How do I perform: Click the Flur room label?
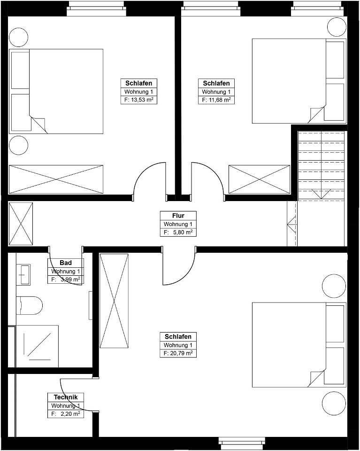click(178, 216)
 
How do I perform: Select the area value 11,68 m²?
click(220, 100)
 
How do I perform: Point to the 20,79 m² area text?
click(181, 353)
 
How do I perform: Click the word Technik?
click(66, 397)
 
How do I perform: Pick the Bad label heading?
click(66, 263)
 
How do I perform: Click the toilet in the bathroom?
click(29, 305)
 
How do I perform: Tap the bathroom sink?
click(23, 275)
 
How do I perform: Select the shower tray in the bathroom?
click(38, 346)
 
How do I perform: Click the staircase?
click(321, 165)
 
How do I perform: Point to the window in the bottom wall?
click(242, 441)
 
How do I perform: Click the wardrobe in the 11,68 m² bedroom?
click(259, 179)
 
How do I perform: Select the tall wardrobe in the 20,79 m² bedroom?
click(114, 301)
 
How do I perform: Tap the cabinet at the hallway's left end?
click(21, 224)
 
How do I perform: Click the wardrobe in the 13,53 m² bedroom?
click(56, 179)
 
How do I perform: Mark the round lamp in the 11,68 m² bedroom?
click(337, 27)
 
